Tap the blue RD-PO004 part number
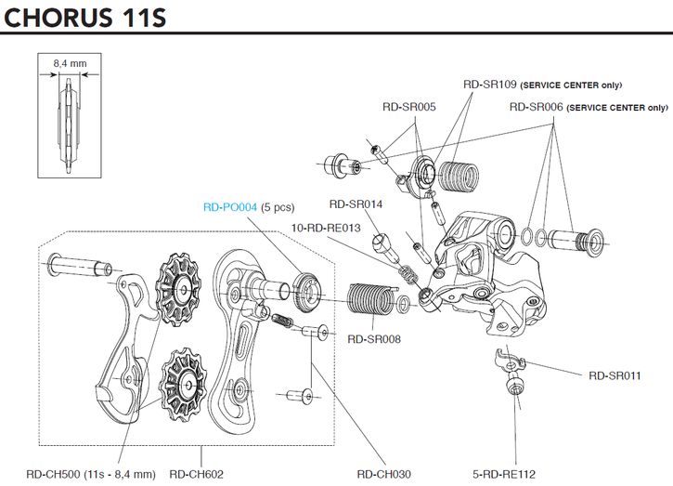coord(230,207)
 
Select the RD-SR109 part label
coord(489,84)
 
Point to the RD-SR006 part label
coord(537,107)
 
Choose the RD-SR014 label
coord(356,204)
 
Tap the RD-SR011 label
coord(615,375)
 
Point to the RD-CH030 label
coord(384,473)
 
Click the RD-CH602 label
coord(196,473)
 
